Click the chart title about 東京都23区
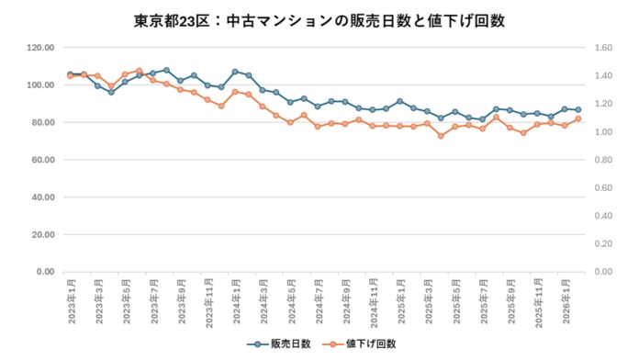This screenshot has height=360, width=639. pos(319,19)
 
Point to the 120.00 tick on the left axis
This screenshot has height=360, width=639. pos(40,48)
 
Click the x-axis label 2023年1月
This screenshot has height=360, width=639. pos(71,298)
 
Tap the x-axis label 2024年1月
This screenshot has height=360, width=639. pos(235,298)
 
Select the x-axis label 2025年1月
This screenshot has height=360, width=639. pos(399,298)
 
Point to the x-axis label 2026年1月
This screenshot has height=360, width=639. pos(565,298)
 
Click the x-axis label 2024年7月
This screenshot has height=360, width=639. pos(318,298)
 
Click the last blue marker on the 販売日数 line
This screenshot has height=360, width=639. pos(578,109)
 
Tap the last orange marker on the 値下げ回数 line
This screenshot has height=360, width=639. pos(578,118)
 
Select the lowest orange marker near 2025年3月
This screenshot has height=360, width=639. pos(441,136)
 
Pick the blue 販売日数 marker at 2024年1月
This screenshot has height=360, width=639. pos(235,72)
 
